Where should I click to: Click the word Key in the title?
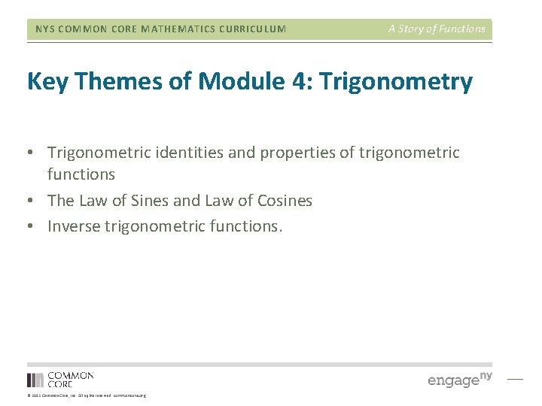click(47, 81)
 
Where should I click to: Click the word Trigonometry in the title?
click(396, 82)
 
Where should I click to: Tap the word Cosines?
click(284, 201)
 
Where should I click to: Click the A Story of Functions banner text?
click(437, 29)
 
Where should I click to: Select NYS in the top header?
click(44, 29)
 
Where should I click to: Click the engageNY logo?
click(460, 379)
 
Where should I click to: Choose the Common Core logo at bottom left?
click(60, 379)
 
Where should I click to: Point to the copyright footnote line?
click(86, 395)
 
